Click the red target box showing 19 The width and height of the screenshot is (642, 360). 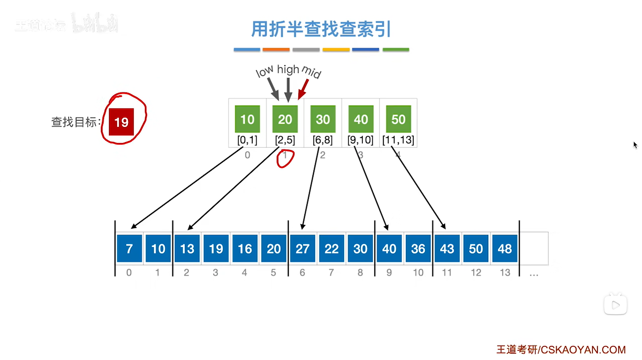click(x=121, y=122)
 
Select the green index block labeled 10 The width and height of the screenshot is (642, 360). click(x=247, y=119)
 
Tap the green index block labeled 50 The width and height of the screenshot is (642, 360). click(x=398, y=119)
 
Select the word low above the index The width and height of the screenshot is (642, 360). click(x=264, y=71)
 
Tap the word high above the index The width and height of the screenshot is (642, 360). click(x=288, y=69)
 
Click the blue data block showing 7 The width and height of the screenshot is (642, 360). click(x=129, y=248)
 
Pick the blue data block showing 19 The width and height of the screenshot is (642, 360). click(x=216, y=248)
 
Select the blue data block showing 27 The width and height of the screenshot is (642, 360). click(x=302, y=248)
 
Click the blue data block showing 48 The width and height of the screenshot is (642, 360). click(x=505, y=248)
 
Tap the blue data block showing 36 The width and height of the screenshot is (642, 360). click(x=418, y=248)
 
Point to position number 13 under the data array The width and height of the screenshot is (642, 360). click(x=505, y=273)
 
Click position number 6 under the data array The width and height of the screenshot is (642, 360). click(x=302, y=273)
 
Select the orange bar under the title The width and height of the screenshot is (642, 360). click(x=276, y=50)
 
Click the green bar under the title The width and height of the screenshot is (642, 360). click(x=396, y=50)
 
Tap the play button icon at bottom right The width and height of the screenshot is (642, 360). click(x=616, y=305)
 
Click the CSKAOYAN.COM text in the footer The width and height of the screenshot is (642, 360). click(x=583, y=350)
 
